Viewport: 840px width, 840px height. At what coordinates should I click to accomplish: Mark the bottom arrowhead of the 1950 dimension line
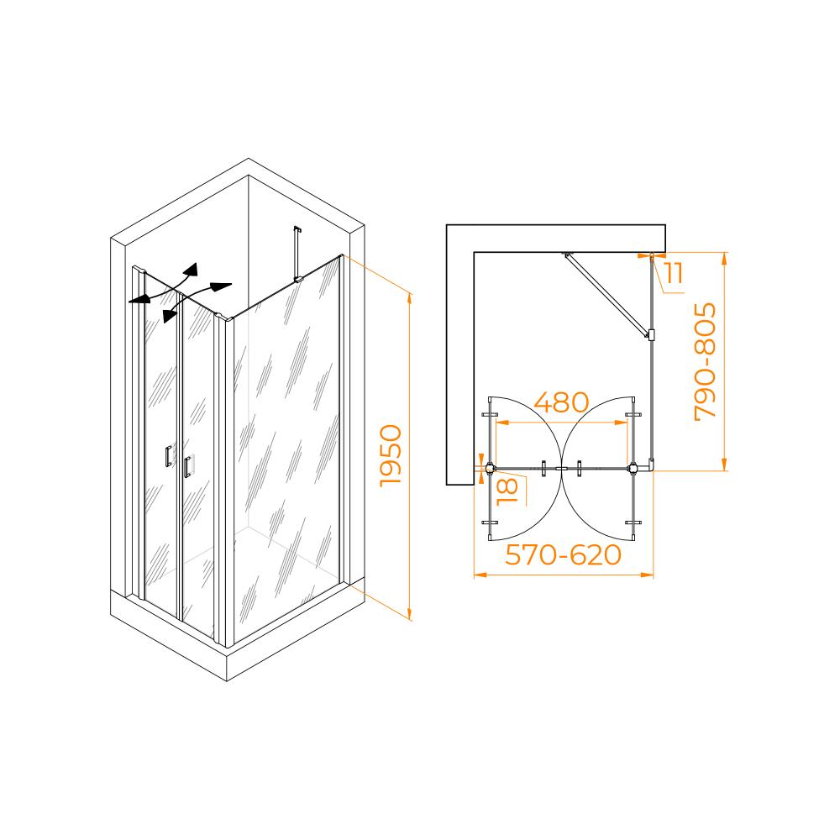[x=410, y=616]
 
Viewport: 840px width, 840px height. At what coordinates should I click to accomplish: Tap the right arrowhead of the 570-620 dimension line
[x=648, y=575]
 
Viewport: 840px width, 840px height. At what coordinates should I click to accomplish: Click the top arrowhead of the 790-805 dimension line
[x=724, y=258]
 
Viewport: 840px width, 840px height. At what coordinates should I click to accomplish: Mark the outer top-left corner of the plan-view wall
[x=446, y=225]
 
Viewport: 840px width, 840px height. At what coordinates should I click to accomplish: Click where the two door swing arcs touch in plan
[x=561, y=468]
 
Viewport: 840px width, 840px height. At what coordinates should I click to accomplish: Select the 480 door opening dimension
[x=561, y=402]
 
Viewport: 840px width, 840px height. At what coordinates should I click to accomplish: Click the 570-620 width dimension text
[x=563, y=555]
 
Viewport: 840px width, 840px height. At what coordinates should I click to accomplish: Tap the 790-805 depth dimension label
[x=705, y=361]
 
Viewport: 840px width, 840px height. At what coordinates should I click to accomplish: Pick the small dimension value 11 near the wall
[x=674, y=273]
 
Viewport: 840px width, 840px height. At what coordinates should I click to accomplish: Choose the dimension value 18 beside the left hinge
[x=507, y=491]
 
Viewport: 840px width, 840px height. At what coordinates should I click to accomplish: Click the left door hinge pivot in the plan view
[x=490, y=468]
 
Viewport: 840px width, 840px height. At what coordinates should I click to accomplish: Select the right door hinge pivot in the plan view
[x=633, y=468]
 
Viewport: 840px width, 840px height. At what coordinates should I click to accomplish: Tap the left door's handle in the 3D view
[x=168, y=456]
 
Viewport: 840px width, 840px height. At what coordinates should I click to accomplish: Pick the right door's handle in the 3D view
[x=186, y=466]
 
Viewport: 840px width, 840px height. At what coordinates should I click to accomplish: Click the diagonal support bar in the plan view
[x=606, y=294]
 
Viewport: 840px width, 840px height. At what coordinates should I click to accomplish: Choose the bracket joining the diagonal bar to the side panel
[x=652, y=335]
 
